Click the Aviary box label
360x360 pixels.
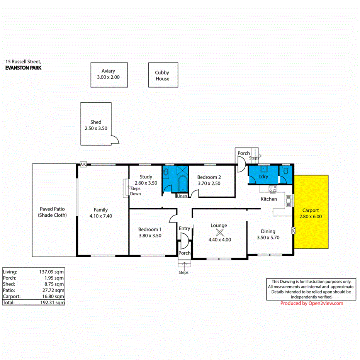[x=108, y=71]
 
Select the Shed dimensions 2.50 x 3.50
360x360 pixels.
[x=96, y=128]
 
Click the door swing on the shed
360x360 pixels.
[x=114, y=140]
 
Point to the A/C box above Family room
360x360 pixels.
[x=83, y=165]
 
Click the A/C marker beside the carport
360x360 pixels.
[x=293, y=231]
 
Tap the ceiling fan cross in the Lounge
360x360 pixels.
[x=219, y=232]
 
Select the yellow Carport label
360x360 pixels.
[x=311, y=211]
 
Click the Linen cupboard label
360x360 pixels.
[x=182, y=196]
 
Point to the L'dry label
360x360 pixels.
[x=263, y=177]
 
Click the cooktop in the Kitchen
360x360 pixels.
[x=273, y=189]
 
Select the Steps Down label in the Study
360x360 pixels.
[x=135, y=191]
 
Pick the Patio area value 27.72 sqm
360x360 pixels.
[x=54, y=290]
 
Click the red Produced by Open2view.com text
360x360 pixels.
[x=312, y=304]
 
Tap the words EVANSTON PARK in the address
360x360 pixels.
[x=23, y=68]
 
